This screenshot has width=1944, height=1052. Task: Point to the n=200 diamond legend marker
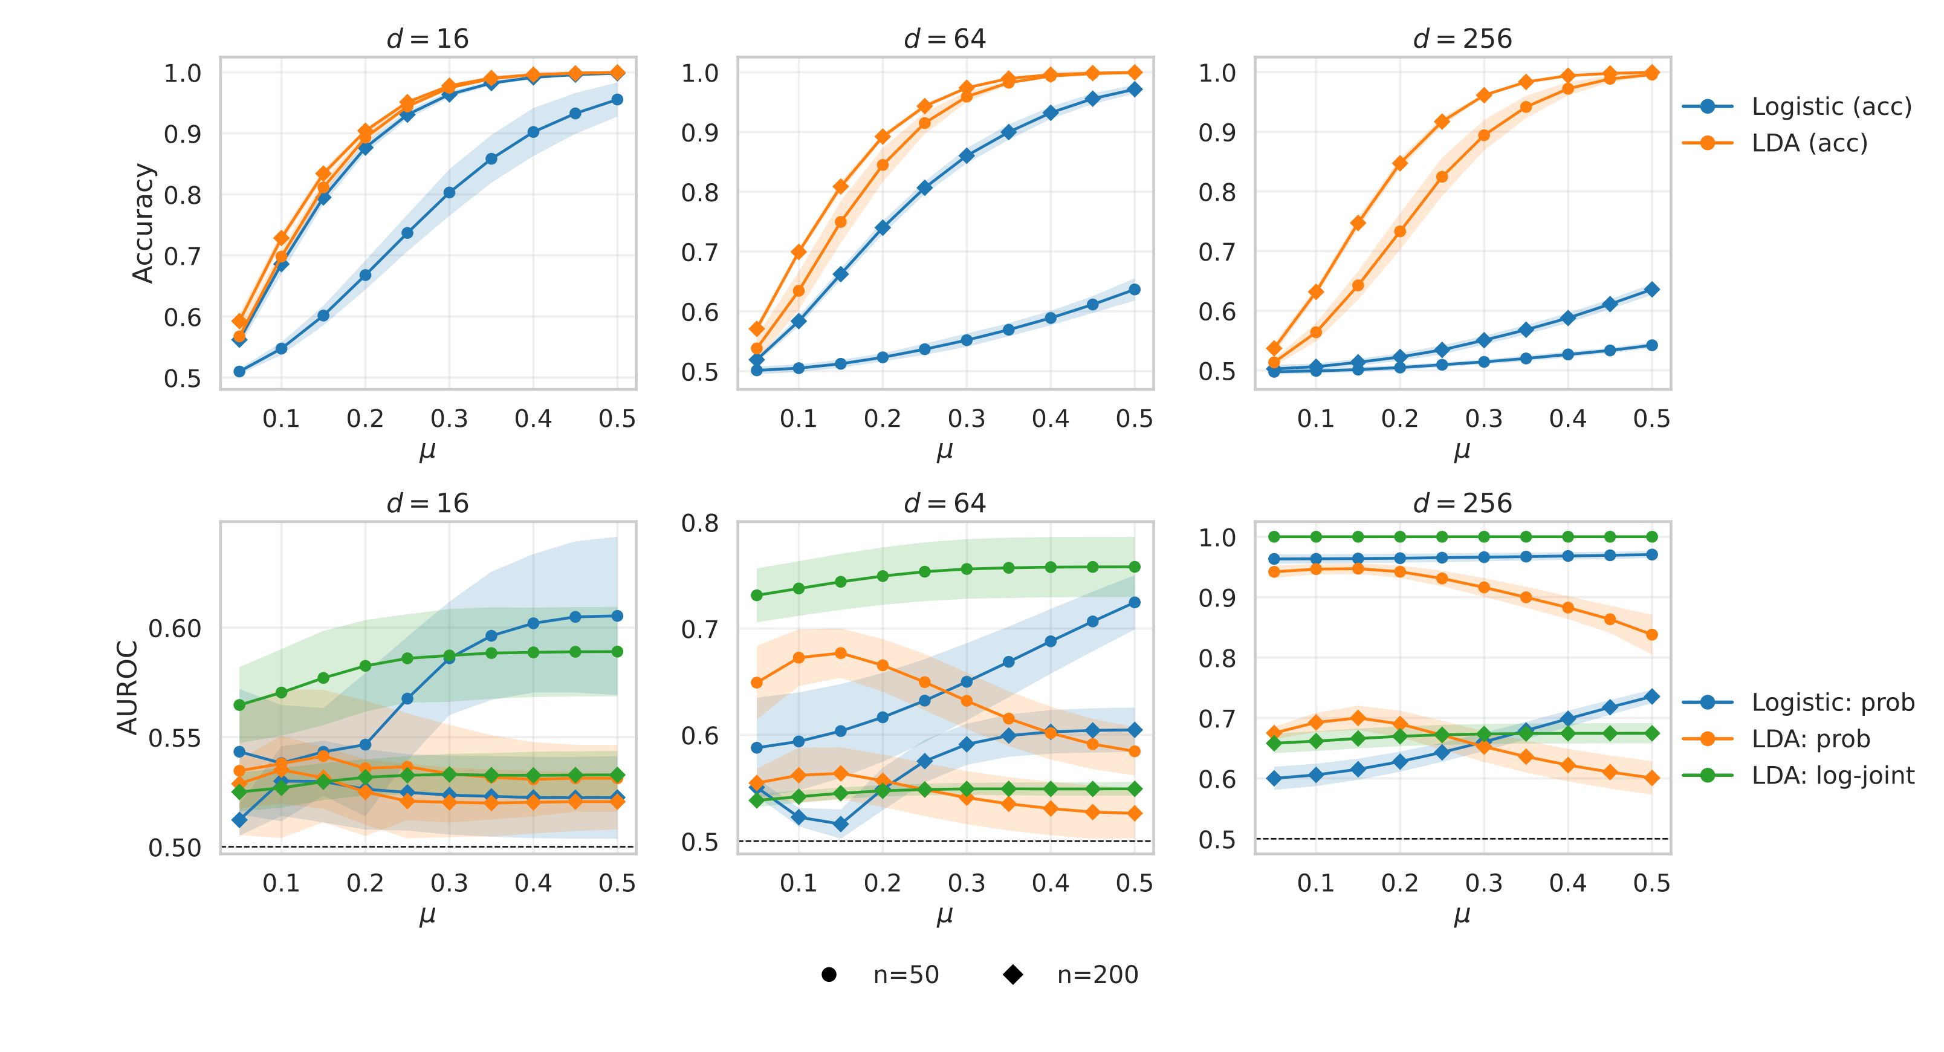[1012, 975]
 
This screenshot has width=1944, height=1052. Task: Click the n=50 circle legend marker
[829, 975]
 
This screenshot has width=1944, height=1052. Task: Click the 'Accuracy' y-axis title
[143, 223]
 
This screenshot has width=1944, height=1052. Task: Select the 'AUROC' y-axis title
[128, 687]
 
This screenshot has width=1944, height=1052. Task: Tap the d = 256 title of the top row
[1462, 39]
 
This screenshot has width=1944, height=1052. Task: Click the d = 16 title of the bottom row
[427, 504]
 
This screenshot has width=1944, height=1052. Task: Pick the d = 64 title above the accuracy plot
[945, 39]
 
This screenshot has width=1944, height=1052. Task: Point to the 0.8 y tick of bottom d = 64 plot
[699, 522]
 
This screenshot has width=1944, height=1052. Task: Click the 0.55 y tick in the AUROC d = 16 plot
[175, 738]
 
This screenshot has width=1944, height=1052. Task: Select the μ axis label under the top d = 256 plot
[1462, 451]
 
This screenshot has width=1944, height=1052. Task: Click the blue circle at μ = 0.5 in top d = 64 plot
[1133, 290]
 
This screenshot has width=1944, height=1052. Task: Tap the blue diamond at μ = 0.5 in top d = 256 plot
[1651, 289]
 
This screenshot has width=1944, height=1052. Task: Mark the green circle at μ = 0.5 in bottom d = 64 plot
[1133, 567]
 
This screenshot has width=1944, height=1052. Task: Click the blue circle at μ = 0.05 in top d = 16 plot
[239, 371]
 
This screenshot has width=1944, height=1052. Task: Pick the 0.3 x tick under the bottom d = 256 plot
[1483, 882]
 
